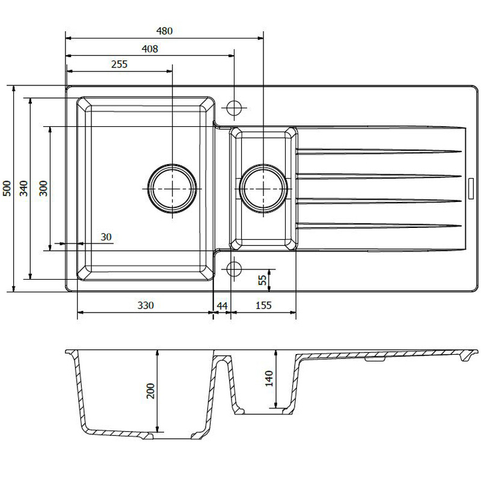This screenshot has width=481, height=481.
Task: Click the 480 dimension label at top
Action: (x=164, y=31)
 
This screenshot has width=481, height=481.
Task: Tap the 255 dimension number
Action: (x=119, y=65)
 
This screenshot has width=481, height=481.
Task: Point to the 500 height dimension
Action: (x=7, y=188)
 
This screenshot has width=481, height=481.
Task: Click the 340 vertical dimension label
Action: (x=24, y=188)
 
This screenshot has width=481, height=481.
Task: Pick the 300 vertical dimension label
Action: (x=43, y=188)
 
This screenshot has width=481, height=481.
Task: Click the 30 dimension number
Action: (x=106, y=237)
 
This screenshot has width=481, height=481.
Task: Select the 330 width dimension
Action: (x=146, y=305)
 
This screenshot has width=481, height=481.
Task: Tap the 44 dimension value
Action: (x=222, y=305)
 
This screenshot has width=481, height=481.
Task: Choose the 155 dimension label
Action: (x=263, y=305)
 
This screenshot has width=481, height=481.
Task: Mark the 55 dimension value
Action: (x=262, y=280)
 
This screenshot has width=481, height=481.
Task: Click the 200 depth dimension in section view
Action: (x=151, y=391)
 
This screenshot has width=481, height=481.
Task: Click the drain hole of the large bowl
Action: (x=172, y=188)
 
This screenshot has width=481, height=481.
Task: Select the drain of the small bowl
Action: (x=263, y=188)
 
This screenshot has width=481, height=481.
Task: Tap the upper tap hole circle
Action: (x=233, y=108)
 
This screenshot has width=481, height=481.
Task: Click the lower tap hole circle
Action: (x=233, y=268)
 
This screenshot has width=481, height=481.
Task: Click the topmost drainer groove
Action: (x=379, y=150)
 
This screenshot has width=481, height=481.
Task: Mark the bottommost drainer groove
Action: (x=379, y=225)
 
